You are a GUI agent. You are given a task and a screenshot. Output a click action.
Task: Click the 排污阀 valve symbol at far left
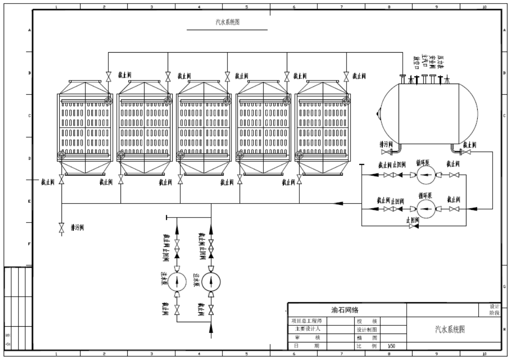(62, 228)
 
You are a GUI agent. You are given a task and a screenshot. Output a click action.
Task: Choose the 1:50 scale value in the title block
(391, 346)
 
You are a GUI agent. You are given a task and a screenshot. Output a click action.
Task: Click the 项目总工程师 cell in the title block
(307, 321)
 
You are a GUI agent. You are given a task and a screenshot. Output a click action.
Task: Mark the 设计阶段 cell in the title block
(495, 309)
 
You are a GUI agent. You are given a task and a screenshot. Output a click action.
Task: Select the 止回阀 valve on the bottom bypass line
(413, 226)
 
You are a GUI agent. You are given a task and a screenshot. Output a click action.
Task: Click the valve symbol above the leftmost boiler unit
(108, 77)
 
